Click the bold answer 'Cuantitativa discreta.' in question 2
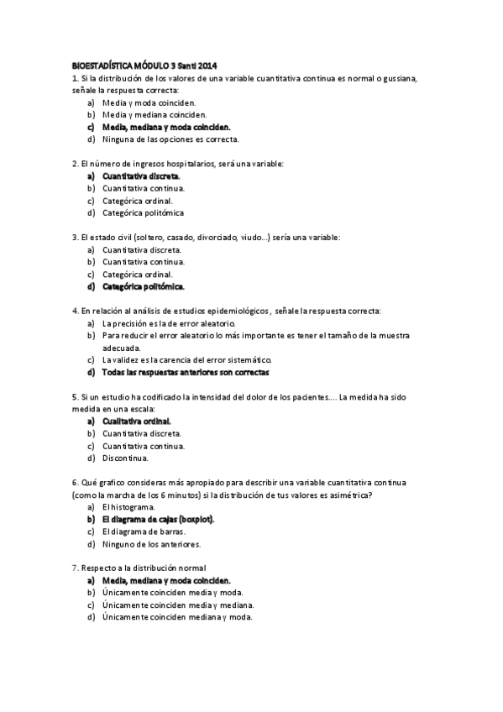[x=141, y=176]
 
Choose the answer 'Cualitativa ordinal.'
[x=137, y=421]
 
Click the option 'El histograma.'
[x=128, y=507]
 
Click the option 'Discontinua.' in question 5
[x=126, y=458]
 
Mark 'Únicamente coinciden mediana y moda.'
[x=177, y=617]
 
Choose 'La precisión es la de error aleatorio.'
[x=169, y=323]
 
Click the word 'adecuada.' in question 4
[x=122, y=348]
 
